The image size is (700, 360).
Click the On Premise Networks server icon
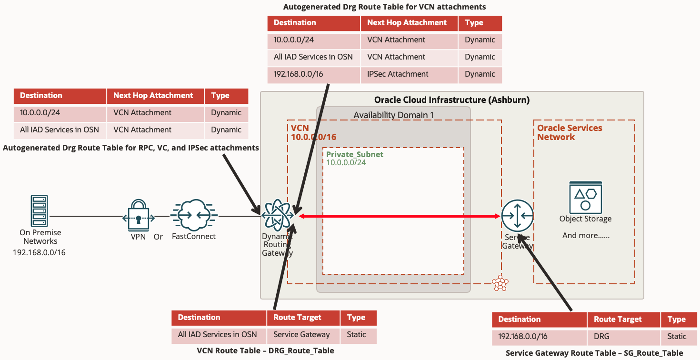(x=39, y=210)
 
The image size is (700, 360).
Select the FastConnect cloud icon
(x=194, y=215)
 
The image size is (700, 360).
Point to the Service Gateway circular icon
(x=518, y=216)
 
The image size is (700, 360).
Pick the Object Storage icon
(x=586, y=196)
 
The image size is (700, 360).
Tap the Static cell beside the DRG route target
(x=677, y=337)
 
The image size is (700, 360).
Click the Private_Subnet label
(x=355, y=154)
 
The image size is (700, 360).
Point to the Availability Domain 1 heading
(x=393, y=115)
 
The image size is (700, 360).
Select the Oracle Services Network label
(x=570, y=132)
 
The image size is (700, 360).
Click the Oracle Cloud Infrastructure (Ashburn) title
(x=452, y=100)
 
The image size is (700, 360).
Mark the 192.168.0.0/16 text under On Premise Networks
(x=39, y=252)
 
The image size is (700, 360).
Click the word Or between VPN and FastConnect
(x=158, y=237)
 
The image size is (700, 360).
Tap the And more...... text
(x=586, y=235)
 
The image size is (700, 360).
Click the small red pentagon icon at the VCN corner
(x=500, y=283)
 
